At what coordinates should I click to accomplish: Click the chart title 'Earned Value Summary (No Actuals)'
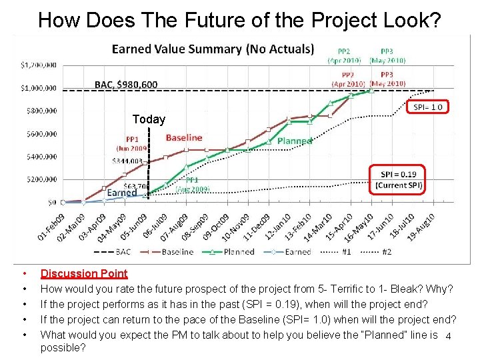tap(213, 49)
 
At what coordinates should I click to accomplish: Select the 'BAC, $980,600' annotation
tap(126, 84)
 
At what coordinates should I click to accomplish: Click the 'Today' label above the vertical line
tap(148, 119)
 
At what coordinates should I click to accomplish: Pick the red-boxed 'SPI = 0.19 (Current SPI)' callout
tap(398, 179)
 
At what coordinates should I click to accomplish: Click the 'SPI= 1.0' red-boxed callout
tap(427, 107)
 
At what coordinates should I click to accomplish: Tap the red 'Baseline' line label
tap(184, 138)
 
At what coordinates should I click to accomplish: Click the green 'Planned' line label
tap(294, 141)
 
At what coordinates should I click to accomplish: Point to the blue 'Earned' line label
tap(122, 193)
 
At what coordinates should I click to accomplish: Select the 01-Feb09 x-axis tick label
tap(52, 227)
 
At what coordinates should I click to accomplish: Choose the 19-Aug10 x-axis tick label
tap(422, 227)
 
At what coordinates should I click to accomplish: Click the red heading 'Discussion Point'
tap(84, 273)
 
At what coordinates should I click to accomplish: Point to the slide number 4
tap(448, 335)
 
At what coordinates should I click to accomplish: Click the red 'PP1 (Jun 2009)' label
tap(131, 144)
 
